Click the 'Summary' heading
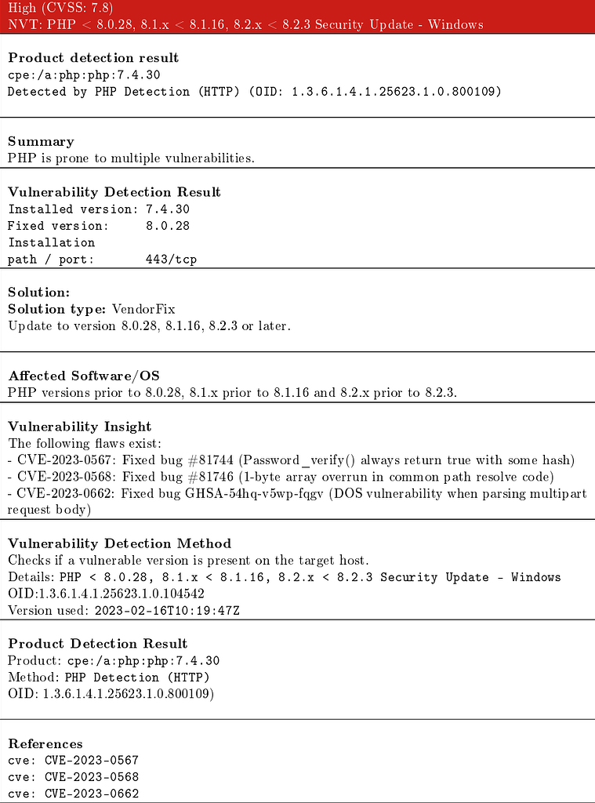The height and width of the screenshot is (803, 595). pyautogui.click(x=41, y=141)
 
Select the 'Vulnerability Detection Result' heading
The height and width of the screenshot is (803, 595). pyautogui.click(x=114, y=192)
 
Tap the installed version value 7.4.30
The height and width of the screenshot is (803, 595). pyautogui.click(x=168, y=209)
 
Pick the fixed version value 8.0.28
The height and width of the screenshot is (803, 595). pyautogui.click(x=168, y=226)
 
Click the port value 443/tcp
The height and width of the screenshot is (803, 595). pyautogui.click(x=171, y=260)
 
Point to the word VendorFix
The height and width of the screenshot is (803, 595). pyautogui.click(x=143, y=309)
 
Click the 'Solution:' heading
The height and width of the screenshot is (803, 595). pyautogui.click(x=39, y=292)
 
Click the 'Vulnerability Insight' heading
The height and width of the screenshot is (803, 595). pyautogui.click(x=80, y=427)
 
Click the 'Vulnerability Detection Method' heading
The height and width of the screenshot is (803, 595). pyautogui.click(x=120, y=543)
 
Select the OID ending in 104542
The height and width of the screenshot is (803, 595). pyautogui.click(x=106, y=594)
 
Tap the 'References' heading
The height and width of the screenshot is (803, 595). pyautogui.click(x=45, y=743)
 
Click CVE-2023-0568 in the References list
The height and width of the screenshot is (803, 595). pyautogui.click(x=92, y=777)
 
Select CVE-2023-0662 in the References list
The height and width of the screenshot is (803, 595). pyautogui.click(x=92, y=794)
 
